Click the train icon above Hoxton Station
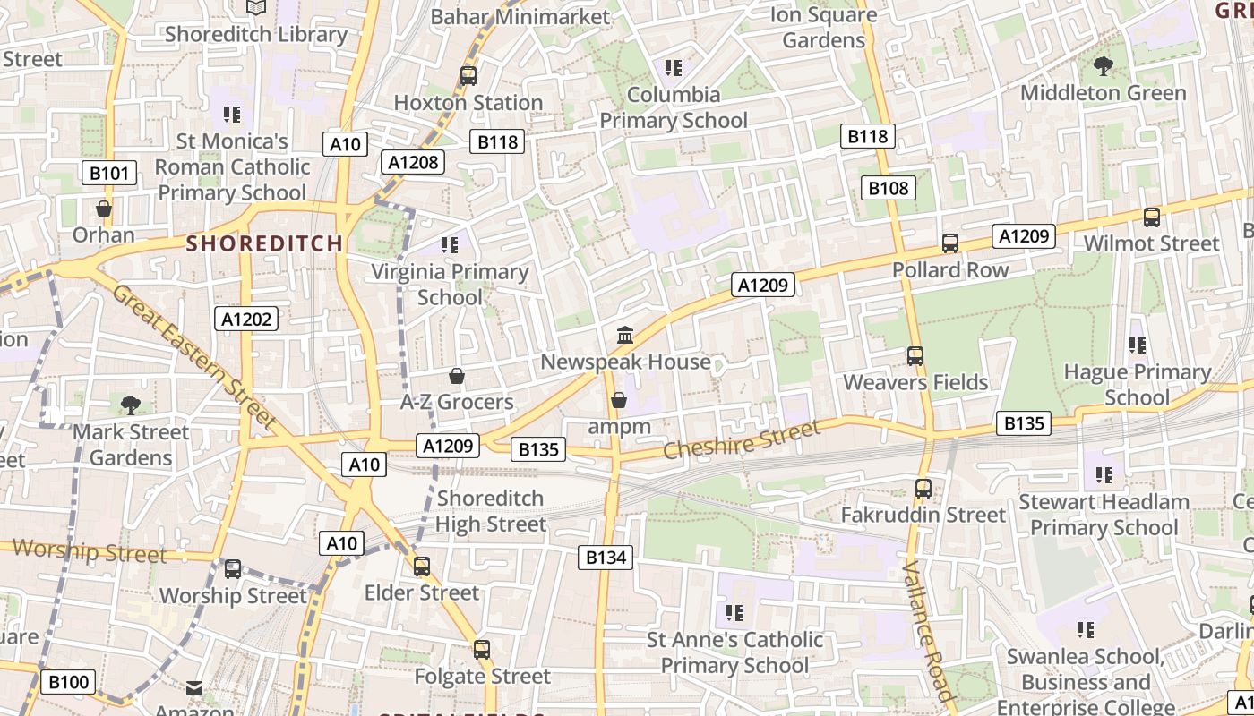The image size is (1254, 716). [468, 76]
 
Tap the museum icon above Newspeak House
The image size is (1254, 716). [625, 336]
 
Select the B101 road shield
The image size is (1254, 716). [109, 173]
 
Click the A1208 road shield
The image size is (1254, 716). [413, 161]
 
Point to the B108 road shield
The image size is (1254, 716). [889, 188]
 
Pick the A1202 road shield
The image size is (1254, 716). [246, 319]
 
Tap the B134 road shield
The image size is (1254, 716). [606, 558]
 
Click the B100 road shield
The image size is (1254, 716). [68, 682]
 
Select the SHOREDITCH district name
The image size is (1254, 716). [264, 243]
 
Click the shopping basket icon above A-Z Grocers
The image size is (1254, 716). [457, 376]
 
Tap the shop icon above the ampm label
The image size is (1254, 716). [618, 400]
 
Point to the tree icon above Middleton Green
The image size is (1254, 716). [1104, 66]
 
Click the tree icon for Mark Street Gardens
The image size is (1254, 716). [131, 405]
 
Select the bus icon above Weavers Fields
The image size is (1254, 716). [915, 356]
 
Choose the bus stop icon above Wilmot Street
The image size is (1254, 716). [1152, 217]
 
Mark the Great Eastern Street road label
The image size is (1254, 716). [193, 355]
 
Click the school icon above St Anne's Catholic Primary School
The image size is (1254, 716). [734, 613]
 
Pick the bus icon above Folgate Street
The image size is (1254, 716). [482, 650]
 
